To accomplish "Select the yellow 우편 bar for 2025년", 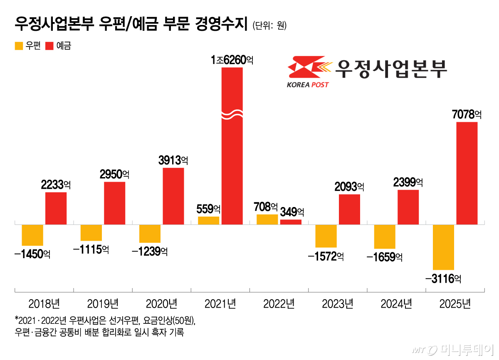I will (x=443, y=247).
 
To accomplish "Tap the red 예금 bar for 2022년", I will (x=291, y=222).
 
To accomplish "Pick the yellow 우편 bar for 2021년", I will (x=208, y=221).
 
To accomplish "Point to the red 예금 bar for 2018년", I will (x=56, y=208).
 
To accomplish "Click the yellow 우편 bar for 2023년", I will (x=326, y=236).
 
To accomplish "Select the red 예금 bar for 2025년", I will (x=467, y=173).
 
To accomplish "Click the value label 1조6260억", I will (x=232, y=60).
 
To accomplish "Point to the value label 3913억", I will (x=173, y=160).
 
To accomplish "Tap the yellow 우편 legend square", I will (x=19, y=46).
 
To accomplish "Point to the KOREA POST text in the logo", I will (x=307, y=85).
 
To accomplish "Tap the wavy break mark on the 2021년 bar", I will (x=232, y=114).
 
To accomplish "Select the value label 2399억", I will (x=408, y=182).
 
